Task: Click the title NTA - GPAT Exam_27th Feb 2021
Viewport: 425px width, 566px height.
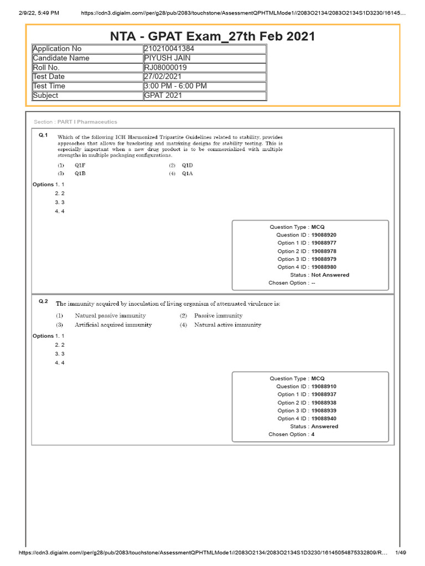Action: point(212,36)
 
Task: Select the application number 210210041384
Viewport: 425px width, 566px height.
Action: point(169,49)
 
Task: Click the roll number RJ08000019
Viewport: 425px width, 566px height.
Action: point(165,67)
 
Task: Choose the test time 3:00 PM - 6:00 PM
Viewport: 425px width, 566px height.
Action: point(175,86)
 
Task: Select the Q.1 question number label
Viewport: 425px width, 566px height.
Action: point(43,135)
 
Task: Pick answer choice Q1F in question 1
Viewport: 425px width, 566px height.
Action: point(80,165)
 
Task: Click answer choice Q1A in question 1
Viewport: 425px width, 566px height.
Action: point(187,174)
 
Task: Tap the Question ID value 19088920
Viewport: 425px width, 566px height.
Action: point(324,235)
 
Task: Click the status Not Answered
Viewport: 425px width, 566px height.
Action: point(330,275)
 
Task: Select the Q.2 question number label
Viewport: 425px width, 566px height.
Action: point(43,301)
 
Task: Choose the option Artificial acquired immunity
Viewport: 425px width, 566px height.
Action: point(113,325)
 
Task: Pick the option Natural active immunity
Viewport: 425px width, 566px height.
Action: point(227,325)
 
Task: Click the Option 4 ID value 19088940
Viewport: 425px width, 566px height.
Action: point(324,418)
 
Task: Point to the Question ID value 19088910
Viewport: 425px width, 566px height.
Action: point(324,386)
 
